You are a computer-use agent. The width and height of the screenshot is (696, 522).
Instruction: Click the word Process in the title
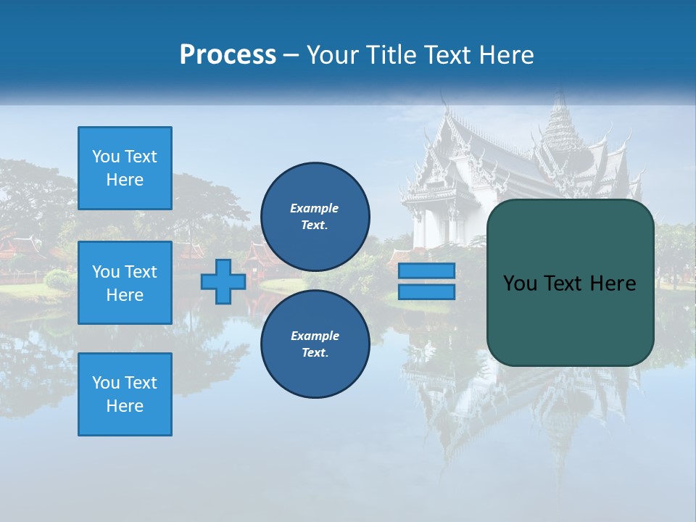(228, 55)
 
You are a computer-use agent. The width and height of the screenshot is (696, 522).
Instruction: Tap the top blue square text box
(125, 168)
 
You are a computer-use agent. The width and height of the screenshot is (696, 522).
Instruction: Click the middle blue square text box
(125, 283)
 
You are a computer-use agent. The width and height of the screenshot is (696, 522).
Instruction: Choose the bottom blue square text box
(125, 394)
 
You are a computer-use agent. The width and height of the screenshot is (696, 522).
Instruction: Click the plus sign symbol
(223, 282)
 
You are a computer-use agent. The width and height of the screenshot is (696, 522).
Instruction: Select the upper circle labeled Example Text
(315, 217)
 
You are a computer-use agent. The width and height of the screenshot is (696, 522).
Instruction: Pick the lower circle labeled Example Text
(315, 344)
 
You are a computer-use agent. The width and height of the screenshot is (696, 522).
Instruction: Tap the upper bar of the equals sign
(427, 271)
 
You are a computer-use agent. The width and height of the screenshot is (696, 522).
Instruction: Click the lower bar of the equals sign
(427, 292)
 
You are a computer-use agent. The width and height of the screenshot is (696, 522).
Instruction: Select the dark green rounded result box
(570, 283)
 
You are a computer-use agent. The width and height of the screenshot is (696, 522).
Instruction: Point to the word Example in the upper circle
(315, 208)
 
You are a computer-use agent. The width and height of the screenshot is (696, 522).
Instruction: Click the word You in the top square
(106, 157)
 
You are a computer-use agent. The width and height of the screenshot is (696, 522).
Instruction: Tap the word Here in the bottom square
(125, 406)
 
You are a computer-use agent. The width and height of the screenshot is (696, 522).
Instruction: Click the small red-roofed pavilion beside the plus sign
(259, 261)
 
